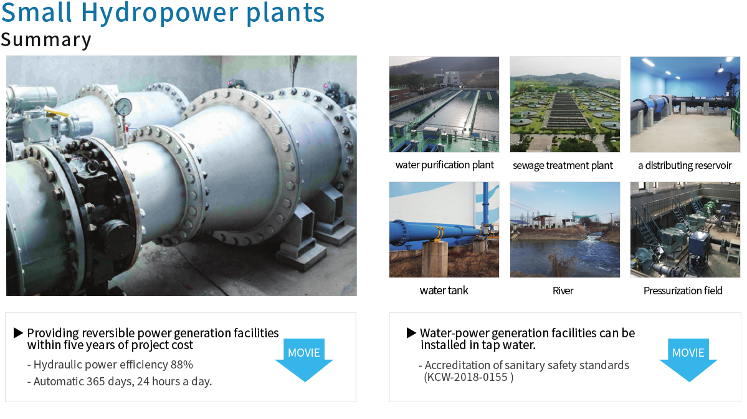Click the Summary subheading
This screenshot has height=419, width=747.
[x=45, y=39]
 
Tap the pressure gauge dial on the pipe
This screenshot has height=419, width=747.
[x=123, y=107]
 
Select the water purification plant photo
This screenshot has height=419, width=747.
[x=444, y=104]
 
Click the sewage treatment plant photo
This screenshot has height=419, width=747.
[x=565, y=104]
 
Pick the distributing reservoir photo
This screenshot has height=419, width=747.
[x=685, y=104]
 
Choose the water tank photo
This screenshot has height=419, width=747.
[x=444, y=229]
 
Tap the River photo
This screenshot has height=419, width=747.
[x=565, y=229]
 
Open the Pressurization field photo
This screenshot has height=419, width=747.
[x=685, y=229]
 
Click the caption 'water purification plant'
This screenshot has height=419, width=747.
[x=444, y=165]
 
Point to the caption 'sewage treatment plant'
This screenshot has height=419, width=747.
[x=563, y=165]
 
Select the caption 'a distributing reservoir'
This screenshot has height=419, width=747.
[x=685, y=165]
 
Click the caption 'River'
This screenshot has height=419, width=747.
[x=563, y=291]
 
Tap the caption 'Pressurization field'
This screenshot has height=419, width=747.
[x=683, y=291]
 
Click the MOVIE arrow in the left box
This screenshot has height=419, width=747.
[x=304, y=360]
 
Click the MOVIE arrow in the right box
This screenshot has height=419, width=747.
[x=688, y=360]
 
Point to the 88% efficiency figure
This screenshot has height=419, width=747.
[x=181, y=365]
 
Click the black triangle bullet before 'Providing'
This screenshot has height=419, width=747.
[x=18, y=333]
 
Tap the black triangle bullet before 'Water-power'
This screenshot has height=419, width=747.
[x=411, y=333]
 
